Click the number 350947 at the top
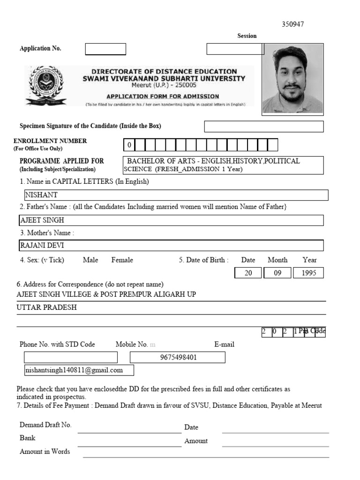pos(292,24)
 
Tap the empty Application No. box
pos(105,49)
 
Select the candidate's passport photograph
pos(292,78)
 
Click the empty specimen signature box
pos(264,127)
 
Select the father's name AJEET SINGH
pos(42,220)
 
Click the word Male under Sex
pos(90,260)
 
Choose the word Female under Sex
pos(122,260)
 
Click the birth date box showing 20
pos(248,273)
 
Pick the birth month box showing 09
pos(277,273)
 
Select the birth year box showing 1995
pos(308,273)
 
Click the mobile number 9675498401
pos(178,358)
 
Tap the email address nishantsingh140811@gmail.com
pos(74,370)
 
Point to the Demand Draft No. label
pos(45,425)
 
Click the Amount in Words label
pos(45,452)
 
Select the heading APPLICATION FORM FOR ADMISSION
pos(163,97)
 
